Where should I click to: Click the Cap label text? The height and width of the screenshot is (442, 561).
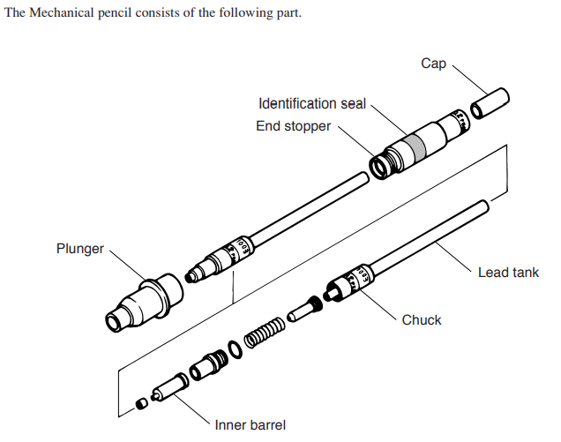pyautogui.click(x=433, y=64)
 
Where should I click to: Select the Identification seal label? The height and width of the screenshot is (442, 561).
pyautogui.click(x=312, y=104)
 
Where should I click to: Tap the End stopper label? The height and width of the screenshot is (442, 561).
pyautogui.click(x=294, y=126)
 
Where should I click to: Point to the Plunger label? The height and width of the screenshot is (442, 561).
pyautogui.click(x=79, y=249)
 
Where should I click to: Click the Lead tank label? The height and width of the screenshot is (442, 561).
pyautogui.click(x=508, y=273)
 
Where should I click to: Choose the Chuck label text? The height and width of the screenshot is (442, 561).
pyautogui.click(x=421, y=319)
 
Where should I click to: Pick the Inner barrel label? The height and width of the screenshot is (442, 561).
pyautogui.click(x=250, y=424)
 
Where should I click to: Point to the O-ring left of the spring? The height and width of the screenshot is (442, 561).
pyautogui.click(x=233, y=350)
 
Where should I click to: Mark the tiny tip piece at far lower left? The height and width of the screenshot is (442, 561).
pyautogui.click(x=140, y=403)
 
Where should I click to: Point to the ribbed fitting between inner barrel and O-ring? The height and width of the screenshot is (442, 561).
pyautogui.click(x=209, y=363)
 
